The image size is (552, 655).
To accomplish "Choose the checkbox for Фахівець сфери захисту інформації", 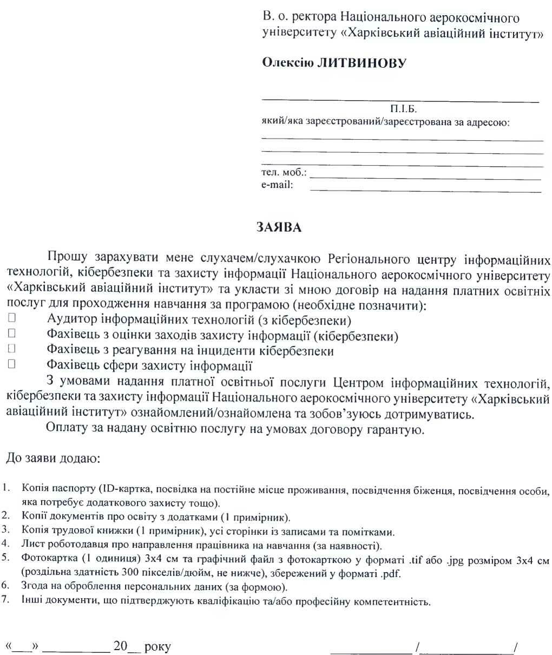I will (10, 364).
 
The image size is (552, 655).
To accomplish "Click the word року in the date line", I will (158, 646).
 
